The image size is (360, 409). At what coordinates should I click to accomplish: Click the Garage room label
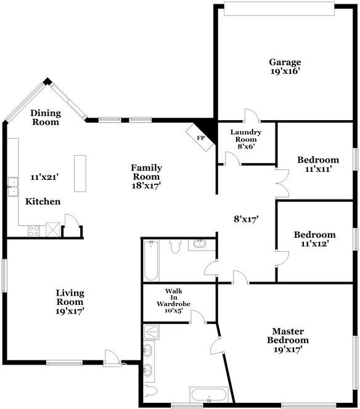[285, 62]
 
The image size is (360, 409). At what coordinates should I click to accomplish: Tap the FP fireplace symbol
[200, 138]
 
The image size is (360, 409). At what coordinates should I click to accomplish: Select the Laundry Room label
[246, 136]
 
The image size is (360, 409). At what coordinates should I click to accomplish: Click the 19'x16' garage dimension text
[285, 71]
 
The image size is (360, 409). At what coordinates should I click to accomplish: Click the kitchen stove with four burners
[34, 231]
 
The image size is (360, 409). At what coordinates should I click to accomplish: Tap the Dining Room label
[45, 117]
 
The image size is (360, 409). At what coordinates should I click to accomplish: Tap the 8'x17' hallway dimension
[245, 218]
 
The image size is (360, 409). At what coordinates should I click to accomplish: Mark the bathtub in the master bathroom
[208, 395]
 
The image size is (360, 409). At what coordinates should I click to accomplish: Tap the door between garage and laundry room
[251, 115]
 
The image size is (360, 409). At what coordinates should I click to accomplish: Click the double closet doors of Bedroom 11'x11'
[283, 183]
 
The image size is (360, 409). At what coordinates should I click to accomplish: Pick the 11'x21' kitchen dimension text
[44, 177]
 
